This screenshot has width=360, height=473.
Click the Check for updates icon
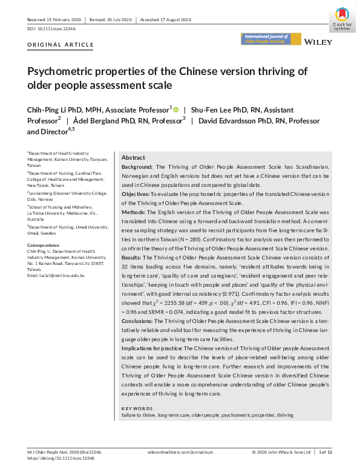click(342, 18)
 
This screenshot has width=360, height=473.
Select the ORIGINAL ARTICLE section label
click(61, 45)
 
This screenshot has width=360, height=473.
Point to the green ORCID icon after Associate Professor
click(176, 110)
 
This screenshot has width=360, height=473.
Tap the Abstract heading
click(133, 156)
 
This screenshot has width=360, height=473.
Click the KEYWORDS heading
click(138, 409)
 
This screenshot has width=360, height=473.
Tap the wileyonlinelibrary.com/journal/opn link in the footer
click(180, 452)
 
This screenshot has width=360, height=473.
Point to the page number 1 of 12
click(326, 452)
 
